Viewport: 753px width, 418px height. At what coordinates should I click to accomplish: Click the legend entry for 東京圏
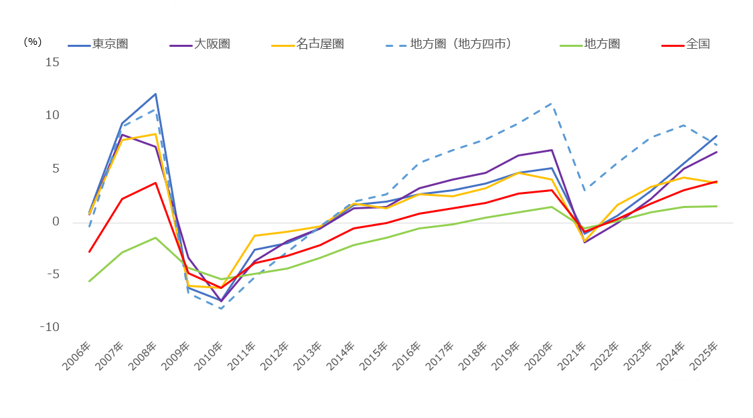[x=98, y=44]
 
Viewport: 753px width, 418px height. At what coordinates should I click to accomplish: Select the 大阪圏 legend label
[x=199, y=44]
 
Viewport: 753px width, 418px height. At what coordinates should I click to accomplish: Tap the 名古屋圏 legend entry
[x=307, y=44]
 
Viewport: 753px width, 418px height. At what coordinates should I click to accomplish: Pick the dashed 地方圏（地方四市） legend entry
[x=449, y=44]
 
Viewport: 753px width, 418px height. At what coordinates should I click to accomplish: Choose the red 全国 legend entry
[x=686, y=44]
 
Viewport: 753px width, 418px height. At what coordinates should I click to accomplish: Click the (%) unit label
[x=33, y=42]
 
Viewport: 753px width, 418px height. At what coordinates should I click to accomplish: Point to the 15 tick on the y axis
[x=52, y=62]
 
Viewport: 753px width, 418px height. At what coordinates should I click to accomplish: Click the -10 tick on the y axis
[x=50, y=327]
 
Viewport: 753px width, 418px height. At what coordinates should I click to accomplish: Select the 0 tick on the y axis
[x=56, y=222]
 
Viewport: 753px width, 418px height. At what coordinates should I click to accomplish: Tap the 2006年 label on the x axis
[x=77, y=356]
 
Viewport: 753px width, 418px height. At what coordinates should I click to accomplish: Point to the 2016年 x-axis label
[x=407, y=356]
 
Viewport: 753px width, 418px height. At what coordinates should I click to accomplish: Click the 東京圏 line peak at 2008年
[x=155, y=94]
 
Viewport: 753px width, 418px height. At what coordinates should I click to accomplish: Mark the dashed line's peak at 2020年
[x=552, y=103]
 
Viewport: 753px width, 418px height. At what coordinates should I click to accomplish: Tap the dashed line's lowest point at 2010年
[x=222, y=308]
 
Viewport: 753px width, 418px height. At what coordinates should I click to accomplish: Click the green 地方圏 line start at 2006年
[x=89, y=281]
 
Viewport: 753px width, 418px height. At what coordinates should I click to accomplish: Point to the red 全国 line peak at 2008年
[x=155, y=183]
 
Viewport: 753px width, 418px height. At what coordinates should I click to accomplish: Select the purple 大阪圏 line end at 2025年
[x=716, y=152]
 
